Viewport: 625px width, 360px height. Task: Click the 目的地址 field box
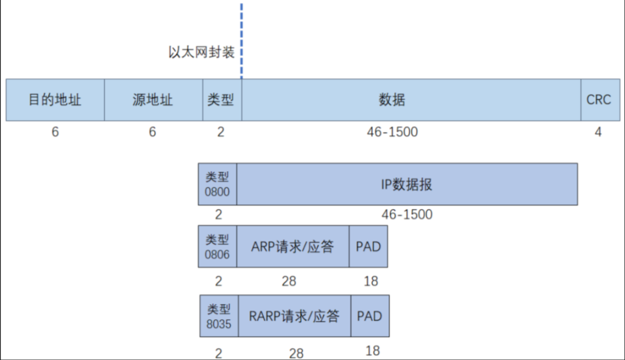55,100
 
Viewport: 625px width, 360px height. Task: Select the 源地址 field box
153,100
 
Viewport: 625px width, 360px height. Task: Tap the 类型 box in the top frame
221,100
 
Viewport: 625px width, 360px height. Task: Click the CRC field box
598,100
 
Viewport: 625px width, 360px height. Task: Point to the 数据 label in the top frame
392,100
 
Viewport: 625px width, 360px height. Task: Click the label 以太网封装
202,52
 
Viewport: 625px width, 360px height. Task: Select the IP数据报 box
406,185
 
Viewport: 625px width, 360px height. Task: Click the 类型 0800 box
217,185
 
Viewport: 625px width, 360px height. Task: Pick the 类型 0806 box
217,247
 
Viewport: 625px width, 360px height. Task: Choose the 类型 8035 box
219,316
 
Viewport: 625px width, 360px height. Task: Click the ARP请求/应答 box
292,247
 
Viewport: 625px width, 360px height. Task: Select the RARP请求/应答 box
294,316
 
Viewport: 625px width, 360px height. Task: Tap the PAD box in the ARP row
369,247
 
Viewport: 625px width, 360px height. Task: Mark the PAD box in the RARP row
370,316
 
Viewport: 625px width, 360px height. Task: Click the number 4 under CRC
598,132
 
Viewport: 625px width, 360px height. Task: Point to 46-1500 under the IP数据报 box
406,214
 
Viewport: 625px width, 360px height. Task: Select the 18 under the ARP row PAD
370,281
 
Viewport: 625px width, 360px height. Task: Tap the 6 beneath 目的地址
55,132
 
